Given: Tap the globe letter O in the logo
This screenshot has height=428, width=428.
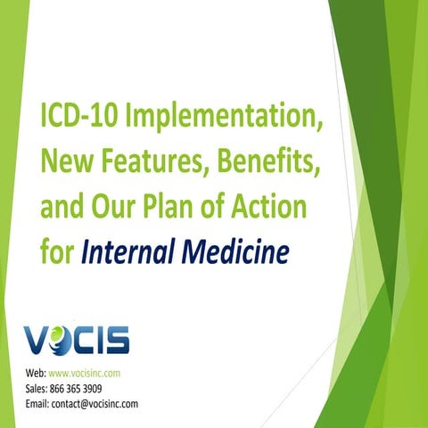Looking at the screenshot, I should (x=61, y=340).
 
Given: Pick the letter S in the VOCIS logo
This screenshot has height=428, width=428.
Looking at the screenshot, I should (x=116, y=340).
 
